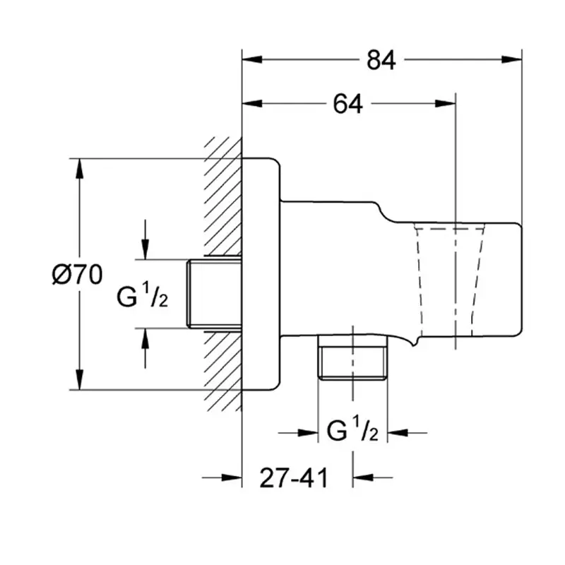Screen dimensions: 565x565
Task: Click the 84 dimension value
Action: (381, 60)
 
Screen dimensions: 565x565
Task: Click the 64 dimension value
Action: (347, 104)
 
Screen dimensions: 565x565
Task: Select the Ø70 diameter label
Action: (77, 275)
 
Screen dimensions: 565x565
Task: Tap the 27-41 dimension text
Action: (294, 478)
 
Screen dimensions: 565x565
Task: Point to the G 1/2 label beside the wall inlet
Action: (143, 295)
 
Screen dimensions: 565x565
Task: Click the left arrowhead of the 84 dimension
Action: (252, 59)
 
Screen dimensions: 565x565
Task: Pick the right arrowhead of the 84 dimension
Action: (511, 59)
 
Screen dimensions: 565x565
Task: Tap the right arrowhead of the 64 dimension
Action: (446, 104)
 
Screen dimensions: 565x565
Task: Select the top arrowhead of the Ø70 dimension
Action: (80, 169)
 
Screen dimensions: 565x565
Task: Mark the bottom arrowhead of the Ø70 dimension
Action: (80, 379)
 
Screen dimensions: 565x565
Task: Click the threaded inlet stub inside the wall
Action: (215, 294)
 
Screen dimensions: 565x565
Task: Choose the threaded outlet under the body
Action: (352, 357)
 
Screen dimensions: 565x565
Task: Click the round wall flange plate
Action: (261, 274)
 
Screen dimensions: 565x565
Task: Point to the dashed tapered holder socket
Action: (449, 280)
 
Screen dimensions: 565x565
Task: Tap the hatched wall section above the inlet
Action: (222, 197)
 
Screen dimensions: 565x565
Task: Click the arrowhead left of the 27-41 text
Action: (232, 478)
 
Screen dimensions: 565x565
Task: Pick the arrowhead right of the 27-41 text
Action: (363, 478)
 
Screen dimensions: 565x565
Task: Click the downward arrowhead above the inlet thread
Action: (145, 249)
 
